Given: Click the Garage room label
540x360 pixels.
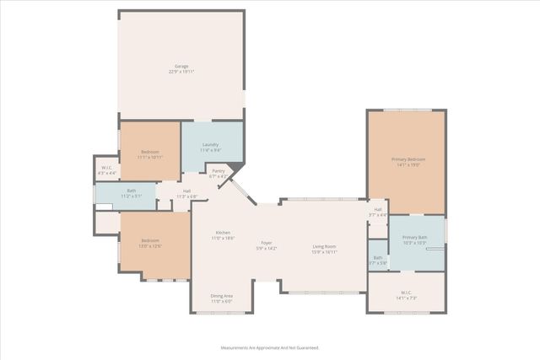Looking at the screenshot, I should coord(181,66).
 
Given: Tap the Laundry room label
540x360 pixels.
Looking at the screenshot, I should coord(212,144).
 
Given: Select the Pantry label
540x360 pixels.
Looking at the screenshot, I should coord(219,171).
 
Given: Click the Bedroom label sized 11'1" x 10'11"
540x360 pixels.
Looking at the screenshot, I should coord(151,152).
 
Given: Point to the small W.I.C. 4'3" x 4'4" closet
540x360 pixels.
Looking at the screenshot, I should coord(107,169).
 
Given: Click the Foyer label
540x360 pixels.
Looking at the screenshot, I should coord(266,242).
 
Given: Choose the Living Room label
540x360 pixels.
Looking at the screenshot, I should coord(325,246).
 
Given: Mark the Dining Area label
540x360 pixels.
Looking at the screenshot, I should coord(222,296).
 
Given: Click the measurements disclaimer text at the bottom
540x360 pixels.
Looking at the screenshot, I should coord(270,347).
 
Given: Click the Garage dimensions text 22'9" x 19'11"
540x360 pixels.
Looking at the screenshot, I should coord(181,72).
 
